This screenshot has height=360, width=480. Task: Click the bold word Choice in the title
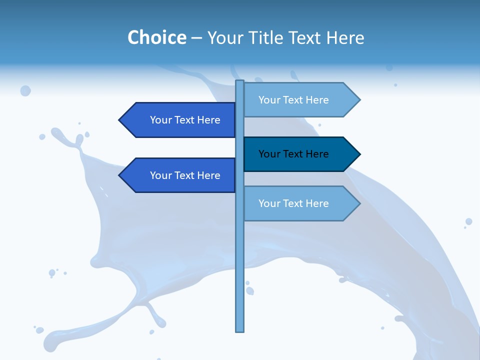pos(156,37)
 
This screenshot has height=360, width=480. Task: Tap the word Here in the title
pos(345,37)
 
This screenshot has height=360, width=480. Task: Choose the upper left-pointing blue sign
pos(180,120)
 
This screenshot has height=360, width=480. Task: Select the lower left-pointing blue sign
pos(180,175)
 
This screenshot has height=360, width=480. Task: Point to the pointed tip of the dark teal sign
pos(359,154)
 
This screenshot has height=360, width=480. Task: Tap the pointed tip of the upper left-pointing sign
pos(120,120)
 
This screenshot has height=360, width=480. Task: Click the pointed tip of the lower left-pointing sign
pos(120,175)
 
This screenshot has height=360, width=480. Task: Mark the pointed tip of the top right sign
pos(359,100)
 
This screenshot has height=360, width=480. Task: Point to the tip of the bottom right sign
pos(359,203)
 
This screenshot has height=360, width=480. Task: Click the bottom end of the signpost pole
pos(239,330)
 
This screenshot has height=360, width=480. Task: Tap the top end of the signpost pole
pos(239,82)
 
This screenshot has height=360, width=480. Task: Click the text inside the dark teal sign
pos(293,154)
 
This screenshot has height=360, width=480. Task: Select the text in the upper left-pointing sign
pos(185,120)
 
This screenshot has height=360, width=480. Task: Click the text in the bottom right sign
pos(293,203)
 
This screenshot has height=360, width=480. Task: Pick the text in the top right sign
pos(293,100)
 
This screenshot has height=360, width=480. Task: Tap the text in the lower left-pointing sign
pos(185,175)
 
